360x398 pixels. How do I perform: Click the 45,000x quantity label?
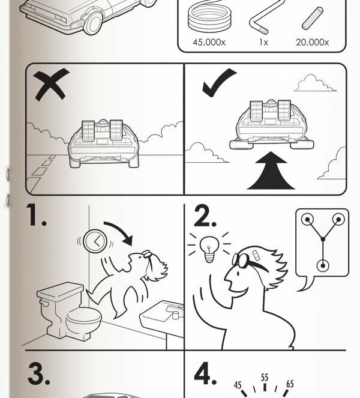(x=209, y=42)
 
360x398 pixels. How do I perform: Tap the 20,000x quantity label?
(x=313, y=42)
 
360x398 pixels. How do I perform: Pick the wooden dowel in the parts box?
(x=313, y=18)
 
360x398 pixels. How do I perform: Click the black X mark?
(x=51, y=85)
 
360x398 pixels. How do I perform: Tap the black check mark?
(x=219, y=82)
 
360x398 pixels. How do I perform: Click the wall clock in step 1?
(x=95, y=241)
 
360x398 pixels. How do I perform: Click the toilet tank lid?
(x=60, y=290)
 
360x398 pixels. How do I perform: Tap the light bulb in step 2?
(x=209, y=249)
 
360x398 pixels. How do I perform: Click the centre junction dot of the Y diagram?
(x=323, y=239)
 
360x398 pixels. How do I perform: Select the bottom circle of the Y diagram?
(x=323, y=266)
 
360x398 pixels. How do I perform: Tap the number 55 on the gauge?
(x=265, y=378)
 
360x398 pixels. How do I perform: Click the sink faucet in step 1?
(x=175, y=312)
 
